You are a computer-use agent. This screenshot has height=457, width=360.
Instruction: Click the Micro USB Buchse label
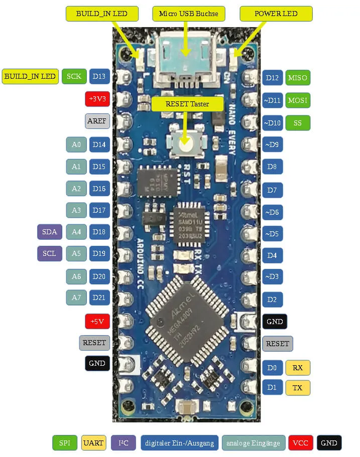[x=188, y=13]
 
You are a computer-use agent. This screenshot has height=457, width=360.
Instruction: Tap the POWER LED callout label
[x=276, y=14]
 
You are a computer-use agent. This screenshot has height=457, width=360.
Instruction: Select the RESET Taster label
[x=187, y=104]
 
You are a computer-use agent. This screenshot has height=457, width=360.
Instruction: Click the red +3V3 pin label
[x=97, y=99]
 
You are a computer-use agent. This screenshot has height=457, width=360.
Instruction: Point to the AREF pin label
[x=97, y=121]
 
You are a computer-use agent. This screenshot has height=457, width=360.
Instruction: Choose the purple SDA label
[x=49, y=232]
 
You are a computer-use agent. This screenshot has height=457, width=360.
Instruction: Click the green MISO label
[x=298, y=78]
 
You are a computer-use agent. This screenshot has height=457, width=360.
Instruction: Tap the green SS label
[x=298, y=123]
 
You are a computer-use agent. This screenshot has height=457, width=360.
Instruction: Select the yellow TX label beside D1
[x=298, y=388]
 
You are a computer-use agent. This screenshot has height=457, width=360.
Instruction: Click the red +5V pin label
[x=97, y=321]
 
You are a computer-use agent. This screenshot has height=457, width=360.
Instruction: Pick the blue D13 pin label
[x=99, y=77]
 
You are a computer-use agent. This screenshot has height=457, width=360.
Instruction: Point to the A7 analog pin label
[x=76, y=297]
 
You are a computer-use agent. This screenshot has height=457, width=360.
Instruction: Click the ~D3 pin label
[x=272, y=276]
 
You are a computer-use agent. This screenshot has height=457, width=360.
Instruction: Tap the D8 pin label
[x=272, y=167]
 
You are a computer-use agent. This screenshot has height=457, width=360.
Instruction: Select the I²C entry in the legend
[x=124, y=443]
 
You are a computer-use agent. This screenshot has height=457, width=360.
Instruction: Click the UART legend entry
[x=94, y=443]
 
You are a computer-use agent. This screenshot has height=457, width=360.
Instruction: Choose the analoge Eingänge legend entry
[x=254, y=443]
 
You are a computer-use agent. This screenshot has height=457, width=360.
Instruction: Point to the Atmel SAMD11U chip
[x=189, y=221]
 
